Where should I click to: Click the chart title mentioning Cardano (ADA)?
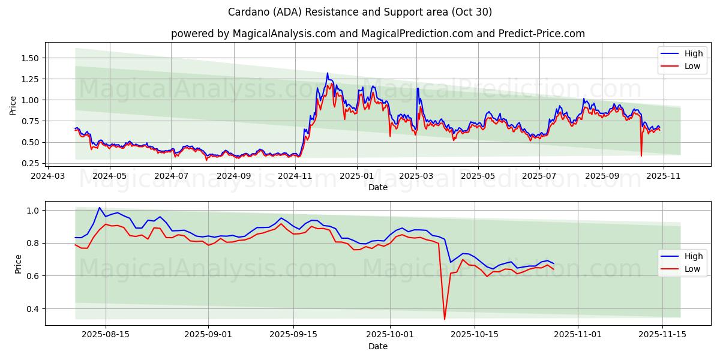pyautogui.click(x=360, y=12)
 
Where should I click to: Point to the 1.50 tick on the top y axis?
pyautogui.click(x=30, y=58)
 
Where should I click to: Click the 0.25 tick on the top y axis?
pyautogui.click(x=30, y=163)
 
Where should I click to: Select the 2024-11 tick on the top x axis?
pyautogui.click(x=296, y=176)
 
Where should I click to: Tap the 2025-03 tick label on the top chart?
pyautogui.click(x=416, y=176)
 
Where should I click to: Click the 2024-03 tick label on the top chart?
pyautogui.click(x=48, y=176)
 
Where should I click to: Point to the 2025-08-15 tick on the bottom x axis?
pyautogui.click(x=106, y=335)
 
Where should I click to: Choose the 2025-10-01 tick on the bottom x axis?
pyautogui.click(x=390, y=335)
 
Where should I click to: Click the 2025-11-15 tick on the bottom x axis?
pyautogui.click(x=662, y=335)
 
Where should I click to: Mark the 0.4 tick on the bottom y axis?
pyautogui.click(x=34, y=309)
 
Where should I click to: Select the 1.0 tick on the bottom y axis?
pyautogui.click(x=34, y=211)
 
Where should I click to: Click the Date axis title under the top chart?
pyautogui.click(x=378, y=187)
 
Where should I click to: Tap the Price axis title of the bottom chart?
pyautogui.click(x=18, y=264)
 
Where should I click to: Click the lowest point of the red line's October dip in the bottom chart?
pyautogui.click(x=445, y=319)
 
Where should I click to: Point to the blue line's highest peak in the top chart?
pyautogui.click(x=327, y=73)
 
